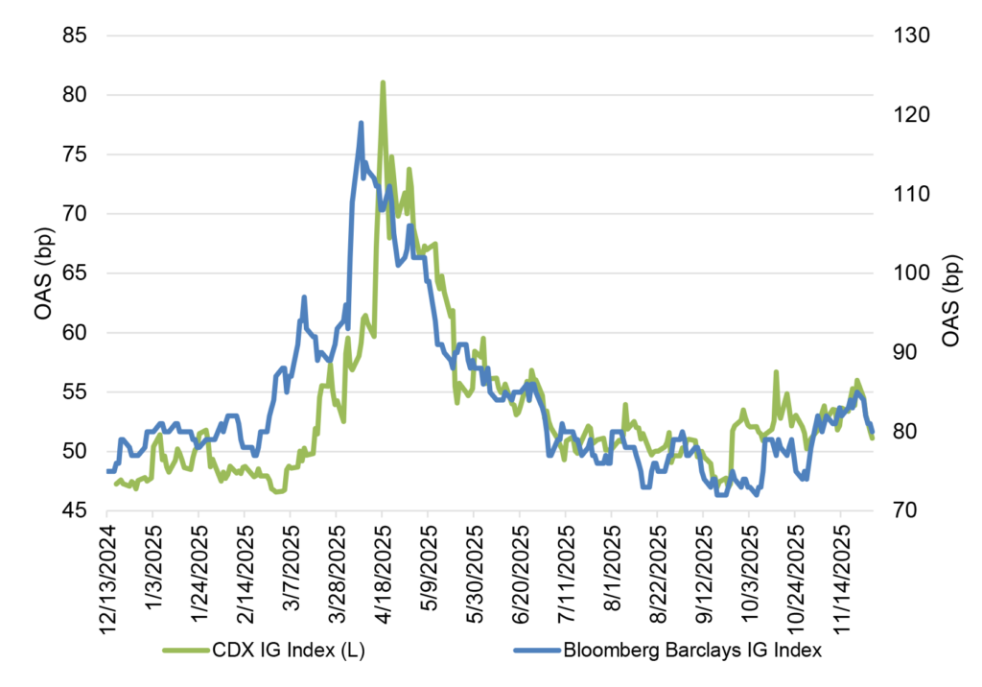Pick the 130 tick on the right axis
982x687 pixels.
click(x=901, y=36)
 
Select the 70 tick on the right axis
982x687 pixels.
click(x=898, y=511)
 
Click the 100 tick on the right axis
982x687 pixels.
click(x=901, y=273)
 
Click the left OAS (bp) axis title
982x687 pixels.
click(x=43, y=273)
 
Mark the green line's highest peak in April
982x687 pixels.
click(x=383, y=83)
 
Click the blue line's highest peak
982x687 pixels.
click(x=361, y=123)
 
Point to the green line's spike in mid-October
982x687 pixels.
click(x=775, y=371)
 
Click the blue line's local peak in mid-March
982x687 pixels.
click(x=303, y=297)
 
